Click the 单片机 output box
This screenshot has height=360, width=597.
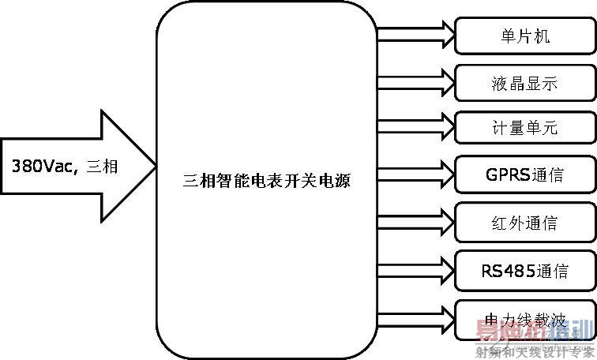point(524,36)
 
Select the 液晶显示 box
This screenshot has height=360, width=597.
point(524,82)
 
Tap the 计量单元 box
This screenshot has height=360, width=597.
point(524,127)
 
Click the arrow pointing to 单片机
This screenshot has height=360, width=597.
point(415,34)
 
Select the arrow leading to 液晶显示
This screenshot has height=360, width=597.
point(415,81)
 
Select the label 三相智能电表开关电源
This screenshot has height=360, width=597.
point(267,181)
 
